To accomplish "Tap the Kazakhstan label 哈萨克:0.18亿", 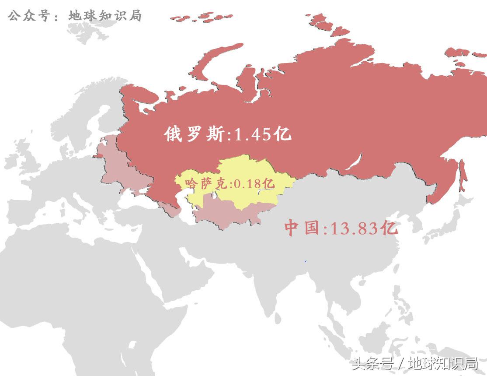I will click(230, 183).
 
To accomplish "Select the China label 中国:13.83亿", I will click(341, 228).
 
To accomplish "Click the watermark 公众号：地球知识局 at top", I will click(75, 16).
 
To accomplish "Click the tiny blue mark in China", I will click(306, 261).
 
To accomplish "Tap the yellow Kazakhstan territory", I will click(245, 171).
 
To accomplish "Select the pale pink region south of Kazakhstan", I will click(223, 214).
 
